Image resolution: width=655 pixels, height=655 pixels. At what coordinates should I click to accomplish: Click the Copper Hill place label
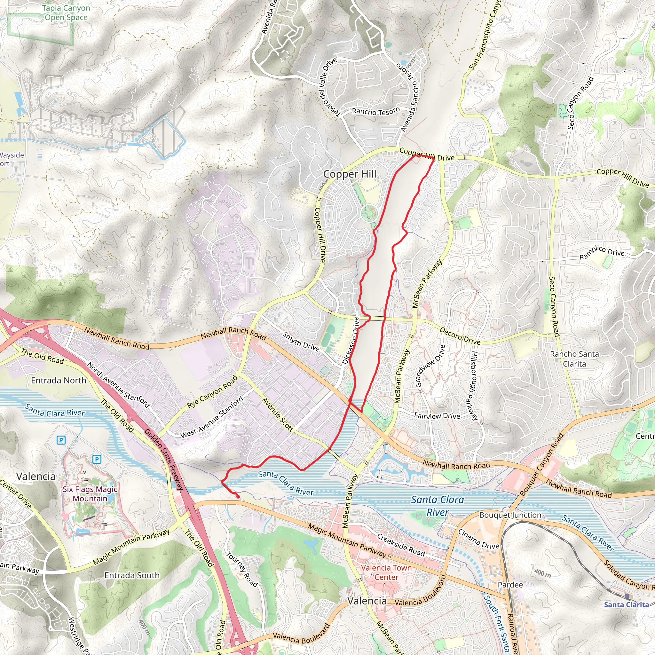pos(350,174)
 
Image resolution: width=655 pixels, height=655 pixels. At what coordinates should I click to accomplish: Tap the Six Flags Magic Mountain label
pos(90,493)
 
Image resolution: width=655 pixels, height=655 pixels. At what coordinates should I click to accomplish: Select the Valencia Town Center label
pos(386,572)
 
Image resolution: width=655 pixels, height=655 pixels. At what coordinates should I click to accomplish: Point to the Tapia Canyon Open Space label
pos(66,12)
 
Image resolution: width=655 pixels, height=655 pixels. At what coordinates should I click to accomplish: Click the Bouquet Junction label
pos(510,515)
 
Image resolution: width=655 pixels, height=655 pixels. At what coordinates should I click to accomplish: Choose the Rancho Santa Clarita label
pos(574,359)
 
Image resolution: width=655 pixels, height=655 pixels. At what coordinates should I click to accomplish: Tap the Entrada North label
pos(59,380)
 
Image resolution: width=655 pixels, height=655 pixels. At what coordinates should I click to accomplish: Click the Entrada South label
pos(132,575)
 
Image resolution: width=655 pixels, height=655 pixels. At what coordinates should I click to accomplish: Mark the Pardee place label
pos(510,585)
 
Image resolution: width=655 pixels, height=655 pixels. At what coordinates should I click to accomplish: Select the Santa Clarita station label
pos(626,604)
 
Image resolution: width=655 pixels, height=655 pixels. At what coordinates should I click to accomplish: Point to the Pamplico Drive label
pos(602,252)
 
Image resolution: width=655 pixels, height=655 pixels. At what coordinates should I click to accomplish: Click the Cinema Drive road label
pos(478,539)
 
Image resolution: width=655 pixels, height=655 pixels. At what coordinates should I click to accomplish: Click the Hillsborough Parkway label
pos(475,385)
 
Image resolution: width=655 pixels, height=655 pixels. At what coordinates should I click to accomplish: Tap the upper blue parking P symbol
pos(61,440)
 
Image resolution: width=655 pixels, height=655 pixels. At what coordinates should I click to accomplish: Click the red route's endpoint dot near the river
pos(238,497)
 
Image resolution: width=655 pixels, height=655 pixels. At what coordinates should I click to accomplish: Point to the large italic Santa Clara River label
pos(437,506)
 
